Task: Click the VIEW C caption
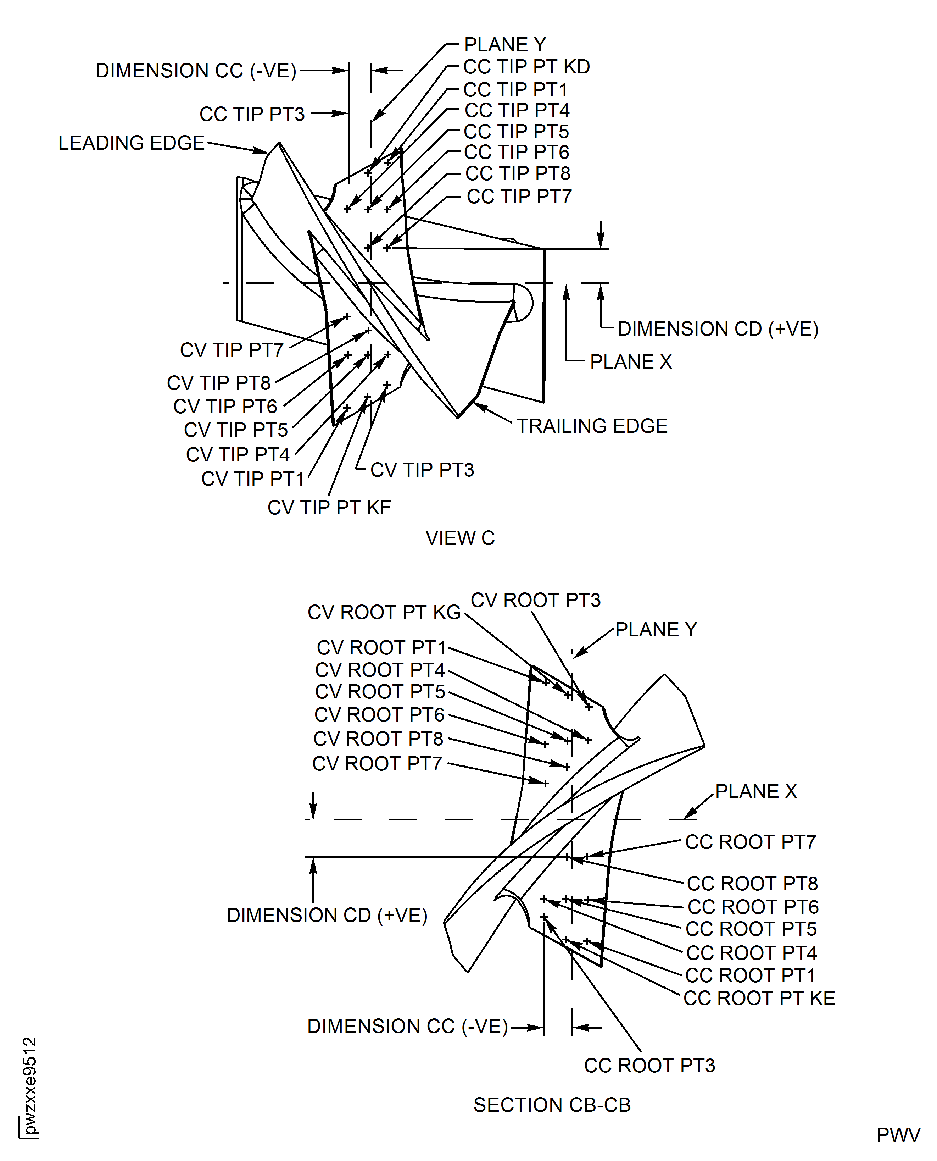click(460, 538)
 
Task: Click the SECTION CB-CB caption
click(552, 1105)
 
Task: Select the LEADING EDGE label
click(131, 143)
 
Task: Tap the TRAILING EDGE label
click(592, 426)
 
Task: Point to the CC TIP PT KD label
click(526, 67)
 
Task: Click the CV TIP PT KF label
click(329, 508)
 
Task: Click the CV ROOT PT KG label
click(384, 612)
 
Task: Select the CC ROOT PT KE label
click(759, 999)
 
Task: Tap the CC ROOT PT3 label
click(649, 1066)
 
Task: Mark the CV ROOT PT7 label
click(377, 764)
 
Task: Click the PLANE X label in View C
click(630, 362)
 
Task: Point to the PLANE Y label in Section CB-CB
click(656, 630)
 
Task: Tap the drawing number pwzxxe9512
click(30, 1085)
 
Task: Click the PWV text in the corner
click(898, 1135)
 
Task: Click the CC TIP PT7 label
click(519, 197)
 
